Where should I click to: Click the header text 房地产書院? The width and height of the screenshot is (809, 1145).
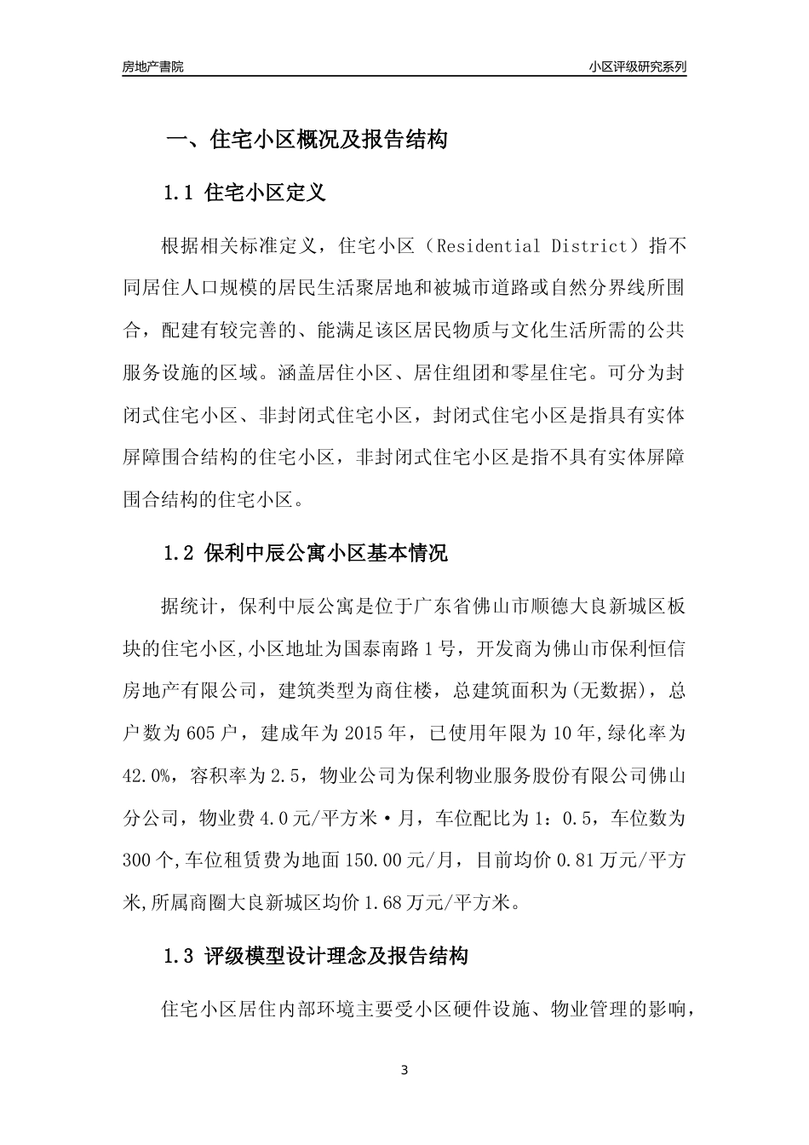(152, 66)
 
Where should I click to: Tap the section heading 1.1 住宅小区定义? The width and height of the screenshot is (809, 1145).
(244, 193)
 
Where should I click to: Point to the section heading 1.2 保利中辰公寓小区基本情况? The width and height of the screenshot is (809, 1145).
(305, 553)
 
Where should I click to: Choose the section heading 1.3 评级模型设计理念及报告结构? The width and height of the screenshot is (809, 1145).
(315, 957)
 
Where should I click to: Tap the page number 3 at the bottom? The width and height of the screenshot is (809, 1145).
(404, 1070)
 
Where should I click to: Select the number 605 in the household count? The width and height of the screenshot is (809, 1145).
(218, 733)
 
